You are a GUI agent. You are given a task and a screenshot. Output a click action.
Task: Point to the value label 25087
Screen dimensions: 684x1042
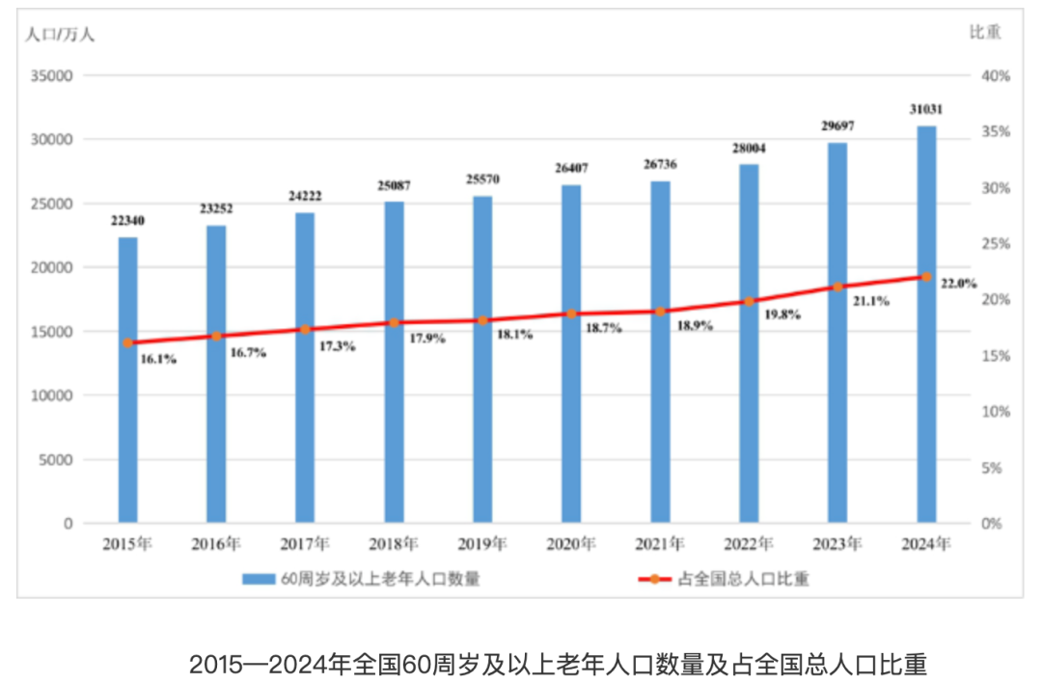395,185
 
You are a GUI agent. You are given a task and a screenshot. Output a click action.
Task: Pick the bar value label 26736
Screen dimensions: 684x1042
660,164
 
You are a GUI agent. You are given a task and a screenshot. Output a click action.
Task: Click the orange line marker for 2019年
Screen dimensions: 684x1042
482,320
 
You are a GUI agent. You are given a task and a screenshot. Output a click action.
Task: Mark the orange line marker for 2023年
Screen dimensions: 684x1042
837,287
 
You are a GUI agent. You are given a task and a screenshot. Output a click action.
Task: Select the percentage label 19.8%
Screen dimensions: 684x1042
781,315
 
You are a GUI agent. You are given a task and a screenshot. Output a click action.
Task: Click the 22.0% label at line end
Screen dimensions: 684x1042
958,284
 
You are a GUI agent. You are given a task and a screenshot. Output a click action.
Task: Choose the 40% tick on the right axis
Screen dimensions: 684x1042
996,75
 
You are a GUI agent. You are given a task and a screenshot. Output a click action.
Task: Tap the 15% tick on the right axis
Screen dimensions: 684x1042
996,356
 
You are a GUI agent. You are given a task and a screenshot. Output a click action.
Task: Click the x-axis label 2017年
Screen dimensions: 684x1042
305,544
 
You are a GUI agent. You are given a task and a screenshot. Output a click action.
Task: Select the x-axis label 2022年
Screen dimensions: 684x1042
749,544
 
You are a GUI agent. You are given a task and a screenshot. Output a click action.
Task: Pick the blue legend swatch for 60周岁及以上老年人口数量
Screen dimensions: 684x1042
258,579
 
